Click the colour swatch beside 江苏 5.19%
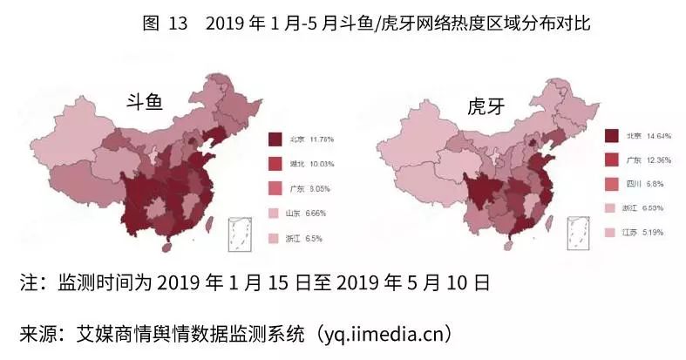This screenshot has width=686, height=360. [x=612, y=233]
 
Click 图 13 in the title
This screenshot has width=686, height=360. [x=165, y=24]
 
